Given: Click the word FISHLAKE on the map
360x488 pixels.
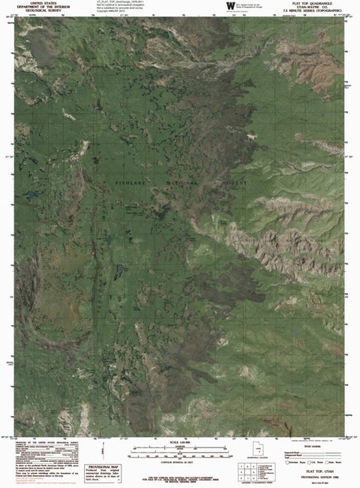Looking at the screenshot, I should [x=132, y=182].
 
